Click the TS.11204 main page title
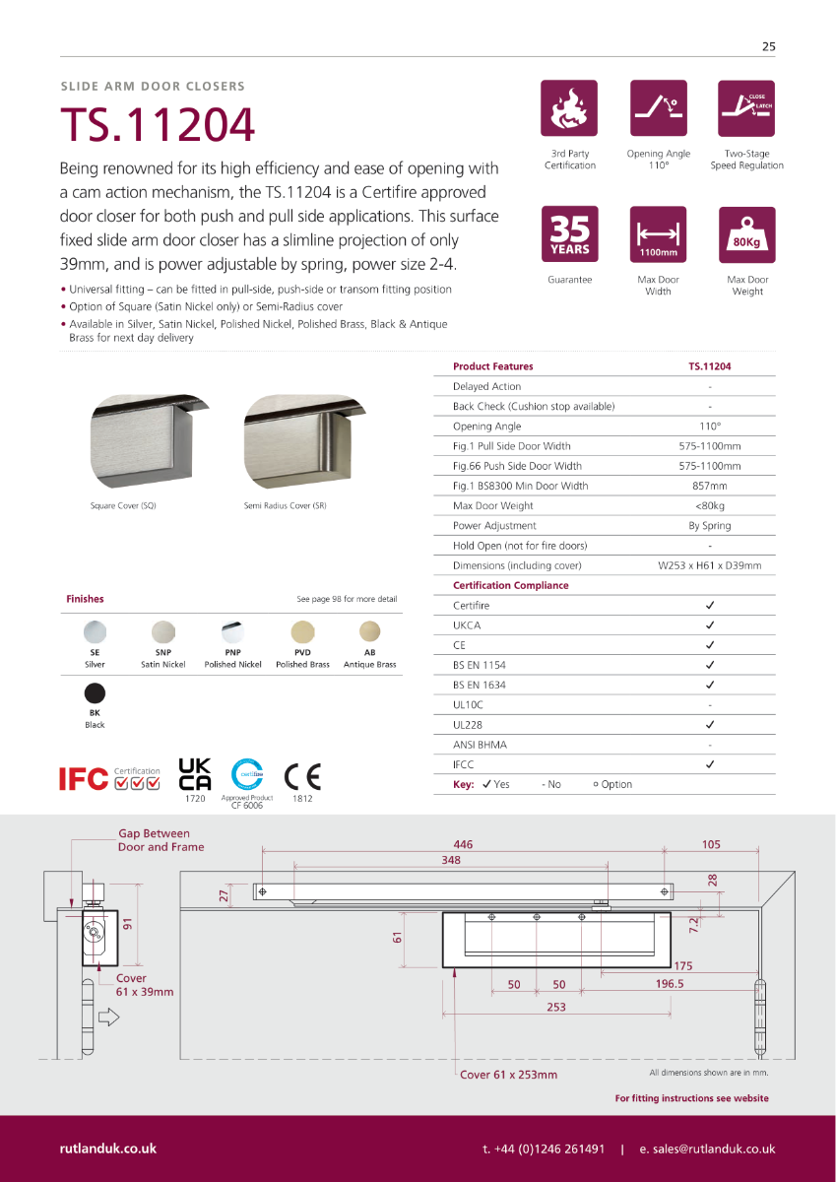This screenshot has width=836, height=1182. tap(158, 125)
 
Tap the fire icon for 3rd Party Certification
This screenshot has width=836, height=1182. tap(569, 108)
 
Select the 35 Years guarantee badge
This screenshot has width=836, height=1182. tap(569, 234)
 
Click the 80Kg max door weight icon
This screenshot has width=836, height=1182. tap(747, 234)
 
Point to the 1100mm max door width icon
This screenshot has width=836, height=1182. tap(658, 234)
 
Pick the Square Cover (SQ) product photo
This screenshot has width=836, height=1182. tap(138, 443)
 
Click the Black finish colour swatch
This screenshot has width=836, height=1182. tap(95, 692)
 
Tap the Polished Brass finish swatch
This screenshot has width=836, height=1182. tap(302, 631)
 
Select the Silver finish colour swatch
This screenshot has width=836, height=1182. tap(95, 631)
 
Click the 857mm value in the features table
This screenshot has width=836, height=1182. tap(709, 486)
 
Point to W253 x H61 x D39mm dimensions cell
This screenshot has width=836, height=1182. tap(709, 565)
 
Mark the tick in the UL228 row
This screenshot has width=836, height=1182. tap(710, 725)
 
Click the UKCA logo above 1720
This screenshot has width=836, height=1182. tap(195, 774)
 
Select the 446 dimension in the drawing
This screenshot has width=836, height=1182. tap(463, 844)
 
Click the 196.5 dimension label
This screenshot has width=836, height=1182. tap(670, 984)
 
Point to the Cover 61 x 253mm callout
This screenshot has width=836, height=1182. tap(508, 1075)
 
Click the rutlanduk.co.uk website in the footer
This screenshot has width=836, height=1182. tap(108, 1149)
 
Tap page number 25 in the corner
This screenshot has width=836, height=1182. tap(768, 46)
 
